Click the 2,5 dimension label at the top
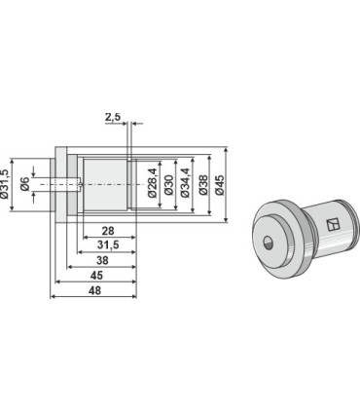(113, 117)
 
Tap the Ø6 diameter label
(25, 184)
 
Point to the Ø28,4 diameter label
(153, 183)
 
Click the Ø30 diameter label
(168, 185)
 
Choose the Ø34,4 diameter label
(185, 183)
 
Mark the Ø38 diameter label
(203, 185)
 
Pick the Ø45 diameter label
(220, 185)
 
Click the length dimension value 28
(108, 231)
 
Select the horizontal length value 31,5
(108, 245)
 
